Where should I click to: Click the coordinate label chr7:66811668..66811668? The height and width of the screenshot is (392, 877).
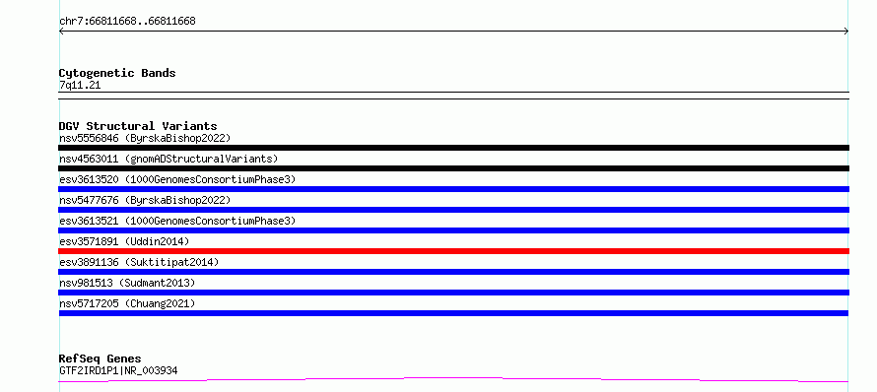tap(127, 22)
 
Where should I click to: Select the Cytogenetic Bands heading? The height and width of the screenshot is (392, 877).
tap(117, 73)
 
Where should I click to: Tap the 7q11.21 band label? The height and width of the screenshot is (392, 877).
tap(80, 86)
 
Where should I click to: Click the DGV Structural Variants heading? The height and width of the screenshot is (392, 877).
tap(138, 126)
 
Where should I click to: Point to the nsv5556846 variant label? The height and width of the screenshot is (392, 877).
tap(145, 138)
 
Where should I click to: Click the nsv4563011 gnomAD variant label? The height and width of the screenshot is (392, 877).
tap(169, 159)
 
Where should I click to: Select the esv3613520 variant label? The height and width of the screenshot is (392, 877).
tap(177, 179)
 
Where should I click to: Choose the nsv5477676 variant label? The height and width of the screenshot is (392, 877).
tap(145, 200)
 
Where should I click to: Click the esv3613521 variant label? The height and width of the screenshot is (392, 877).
tap(177, 221)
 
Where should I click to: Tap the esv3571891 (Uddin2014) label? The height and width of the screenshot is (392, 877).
tap(124, 241)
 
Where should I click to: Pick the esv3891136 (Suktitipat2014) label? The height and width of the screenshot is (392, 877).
tap(139, 262)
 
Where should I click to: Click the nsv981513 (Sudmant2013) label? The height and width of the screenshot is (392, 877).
tap(127, 283)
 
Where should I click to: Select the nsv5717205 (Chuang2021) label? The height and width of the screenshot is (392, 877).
tap(127, 303)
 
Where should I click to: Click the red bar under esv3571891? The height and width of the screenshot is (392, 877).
tap(453, 251)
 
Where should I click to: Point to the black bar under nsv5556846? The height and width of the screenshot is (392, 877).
tap(453, 148)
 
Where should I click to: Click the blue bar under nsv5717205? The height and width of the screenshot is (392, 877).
tap(453, 313)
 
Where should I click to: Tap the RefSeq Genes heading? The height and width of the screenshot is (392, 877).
tap(101, 359)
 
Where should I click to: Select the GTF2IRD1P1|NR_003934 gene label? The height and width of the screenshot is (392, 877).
tap(118, 370)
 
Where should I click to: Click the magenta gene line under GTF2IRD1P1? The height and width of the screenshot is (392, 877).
tap(453, 380)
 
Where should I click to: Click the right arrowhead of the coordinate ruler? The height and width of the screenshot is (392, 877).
tap(847, 32)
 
